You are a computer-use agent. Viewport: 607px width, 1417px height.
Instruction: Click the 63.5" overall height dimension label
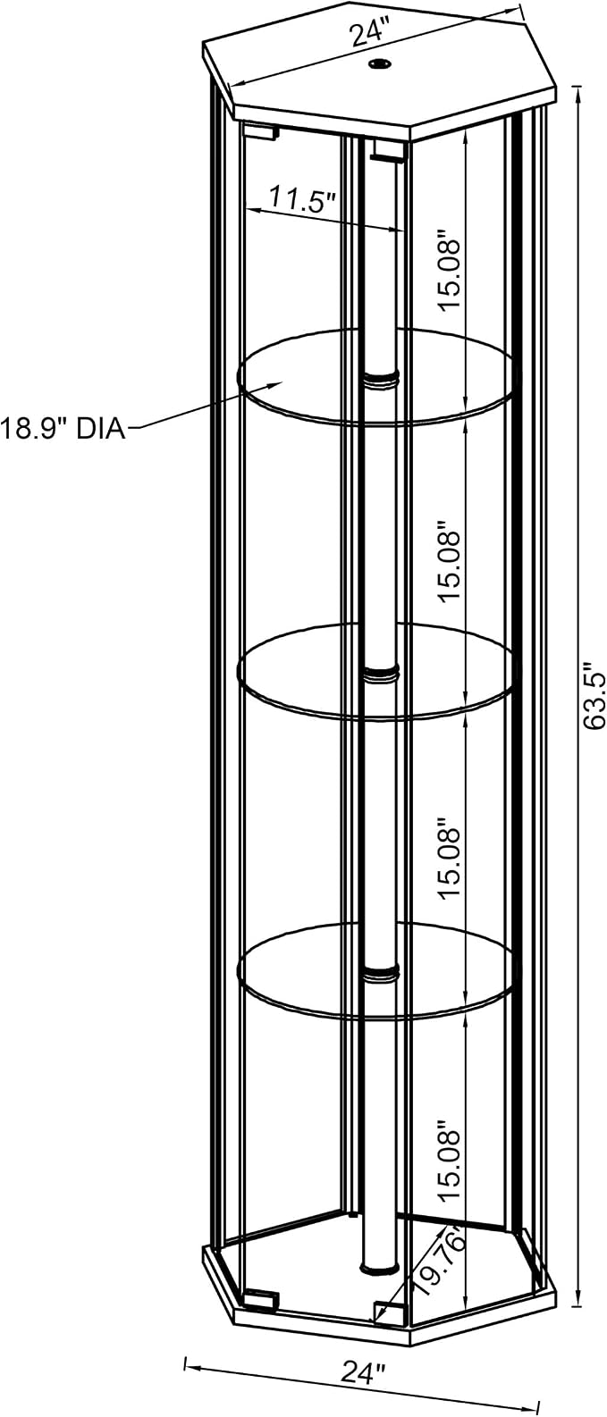(x=596, y=696)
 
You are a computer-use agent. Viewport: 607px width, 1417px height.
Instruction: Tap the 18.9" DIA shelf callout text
(x=62, y=429)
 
